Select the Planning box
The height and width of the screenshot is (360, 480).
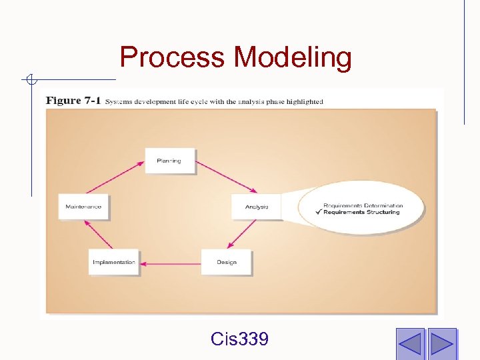[169, 161]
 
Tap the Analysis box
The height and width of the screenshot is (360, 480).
[256, 207]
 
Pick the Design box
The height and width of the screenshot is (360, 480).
[227, 262]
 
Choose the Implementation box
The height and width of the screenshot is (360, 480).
[113, 262]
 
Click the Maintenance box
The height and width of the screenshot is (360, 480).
[83, 207]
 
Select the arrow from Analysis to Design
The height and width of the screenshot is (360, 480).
[243, 234]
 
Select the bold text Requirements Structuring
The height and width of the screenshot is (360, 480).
[362, 212]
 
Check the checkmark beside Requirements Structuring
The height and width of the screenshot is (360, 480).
[319, 212]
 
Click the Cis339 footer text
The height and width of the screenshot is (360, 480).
[239, 339]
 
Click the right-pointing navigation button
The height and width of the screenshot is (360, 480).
[441, 343]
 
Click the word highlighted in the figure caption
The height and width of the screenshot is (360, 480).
[304, 102]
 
